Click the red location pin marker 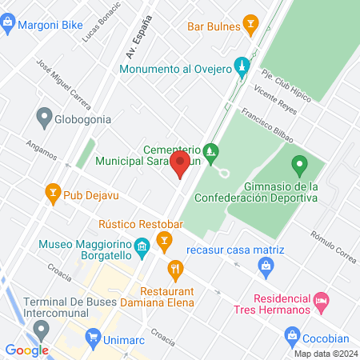(180, 166)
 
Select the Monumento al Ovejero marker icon (240, 65)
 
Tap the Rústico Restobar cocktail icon (164, 239)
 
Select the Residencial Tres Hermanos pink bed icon (321, 303)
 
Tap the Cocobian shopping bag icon (292, 334)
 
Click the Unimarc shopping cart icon (93, 339)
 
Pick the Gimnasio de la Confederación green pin (300, 166)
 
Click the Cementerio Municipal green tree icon (210, 150)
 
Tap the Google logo (26, 350)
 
